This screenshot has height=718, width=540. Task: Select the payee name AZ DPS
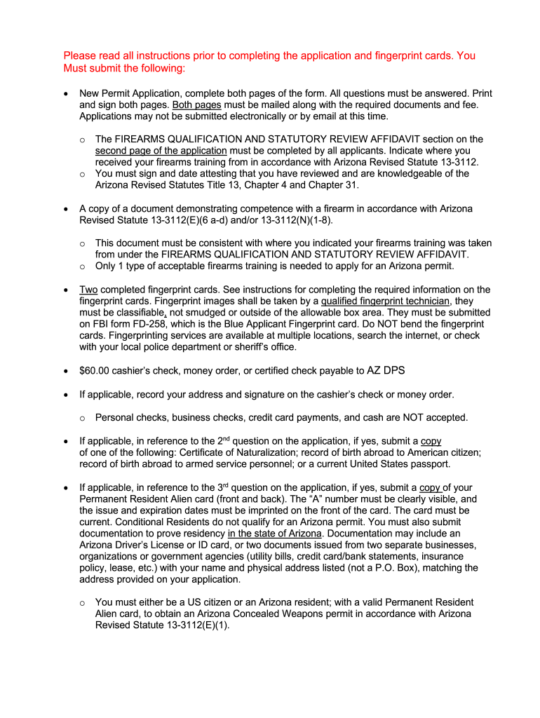(386, 370)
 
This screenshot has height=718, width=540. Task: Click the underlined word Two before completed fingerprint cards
(88, 290)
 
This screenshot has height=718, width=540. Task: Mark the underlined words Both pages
(197, 104)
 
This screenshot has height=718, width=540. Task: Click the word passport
(429, 464)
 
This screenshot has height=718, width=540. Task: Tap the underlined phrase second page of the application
(161, 151)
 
